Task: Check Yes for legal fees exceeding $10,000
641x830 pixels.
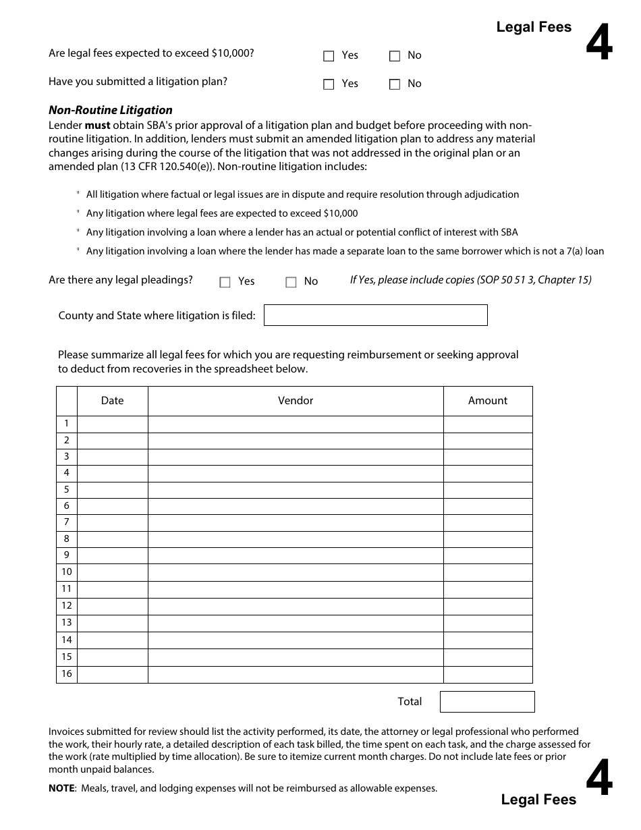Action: [x=329, y=56]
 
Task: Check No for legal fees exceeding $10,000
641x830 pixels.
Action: [x=395, y=56]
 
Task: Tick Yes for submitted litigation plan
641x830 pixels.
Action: [x=329, y=84]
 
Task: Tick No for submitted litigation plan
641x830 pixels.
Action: [x=395, y=84]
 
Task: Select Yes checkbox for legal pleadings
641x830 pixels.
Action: [x=225, y=282]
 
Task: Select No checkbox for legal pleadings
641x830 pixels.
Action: [x=291, y=282]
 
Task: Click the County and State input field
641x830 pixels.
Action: [x=375, y=315]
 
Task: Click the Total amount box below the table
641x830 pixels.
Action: [x=486, y=702]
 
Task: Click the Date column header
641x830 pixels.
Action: [x=112, y=401]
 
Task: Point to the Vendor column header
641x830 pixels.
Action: [x=296, y=401]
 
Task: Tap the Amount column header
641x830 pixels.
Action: [x=487, y=401]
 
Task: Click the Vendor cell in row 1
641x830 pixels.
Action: [x=296, y=424]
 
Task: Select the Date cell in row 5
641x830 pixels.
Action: [x=112, y=490]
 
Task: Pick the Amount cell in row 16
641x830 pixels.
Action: [x=487, y=674]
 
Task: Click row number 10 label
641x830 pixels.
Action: [x=67, y=572]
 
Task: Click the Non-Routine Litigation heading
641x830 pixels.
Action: [x=111, y=110]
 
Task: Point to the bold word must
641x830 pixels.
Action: [x=97, y=126]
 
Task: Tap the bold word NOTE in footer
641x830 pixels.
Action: [x=61, y=788]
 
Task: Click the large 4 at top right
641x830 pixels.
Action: [x=598, y=44]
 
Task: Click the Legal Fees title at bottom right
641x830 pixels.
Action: [x=538, y=800]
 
